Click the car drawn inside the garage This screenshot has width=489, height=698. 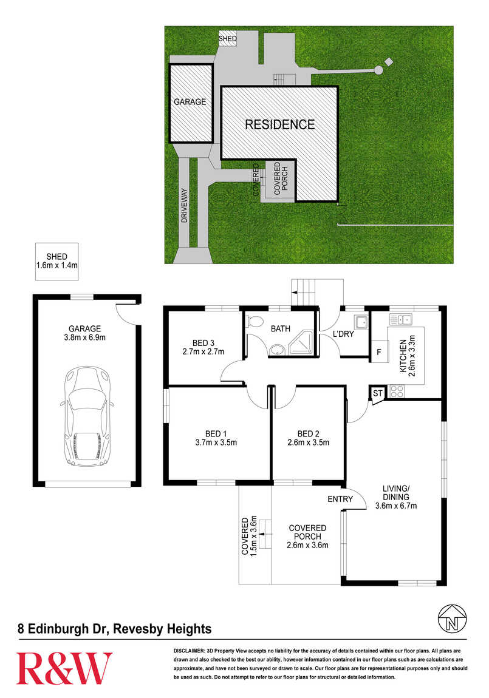(87, 416)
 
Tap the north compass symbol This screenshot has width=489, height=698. (453, 618)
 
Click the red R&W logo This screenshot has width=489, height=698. (64, 668)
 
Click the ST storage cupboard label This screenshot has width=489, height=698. (378, 393)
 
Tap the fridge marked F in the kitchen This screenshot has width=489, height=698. (379, 351)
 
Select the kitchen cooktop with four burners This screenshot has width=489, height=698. (397, 391)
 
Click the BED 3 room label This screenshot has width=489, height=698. (203, 343)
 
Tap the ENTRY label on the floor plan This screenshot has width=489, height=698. (340, 499)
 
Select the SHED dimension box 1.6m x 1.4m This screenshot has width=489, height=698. (57, 262)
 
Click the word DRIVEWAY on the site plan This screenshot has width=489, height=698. (185, 206)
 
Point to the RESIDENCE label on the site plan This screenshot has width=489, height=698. (279, 124)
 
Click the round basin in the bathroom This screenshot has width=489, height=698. (276, 350)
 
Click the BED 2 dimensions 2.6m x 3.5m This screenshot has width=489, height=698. (308, 442)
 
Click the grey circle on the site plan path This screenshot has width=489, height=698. (378, 70)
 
